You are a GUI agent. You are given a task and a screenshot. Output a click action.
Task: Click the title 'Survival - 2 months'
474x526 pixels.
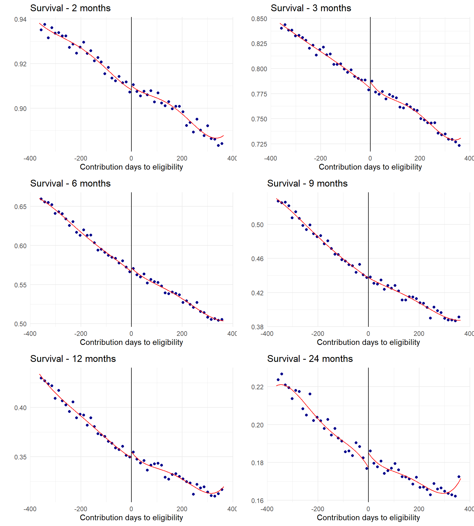coord(70,8)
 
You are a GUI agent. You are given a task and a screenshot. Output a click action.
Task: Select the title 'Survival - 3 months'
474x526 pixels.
coord(311,8)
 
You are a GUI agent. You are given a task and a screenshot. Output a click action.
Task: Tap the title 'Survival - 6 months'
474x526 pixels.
coord(70,184)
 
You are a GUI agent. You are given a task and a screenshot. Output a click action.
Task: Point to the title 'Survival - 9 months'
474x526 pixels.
coord(307,184)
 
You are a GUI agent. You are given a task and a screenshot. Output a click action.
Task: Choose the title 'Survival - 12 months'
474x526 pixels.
coord(73,359)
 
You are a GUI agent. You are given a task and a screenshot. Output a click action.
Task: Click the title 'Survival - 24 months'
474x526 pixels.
coord(310,359)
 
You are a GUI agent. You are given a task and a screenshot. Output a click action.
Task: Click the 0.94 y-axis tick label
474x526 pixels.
coord(20,19)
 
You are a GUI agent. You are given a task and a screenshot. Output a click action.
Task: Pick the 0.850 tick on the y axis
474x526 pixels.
coord(259,19)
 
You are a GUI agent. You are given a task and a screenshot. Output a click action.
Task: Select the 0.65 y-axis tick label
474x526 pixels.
coord(20,207)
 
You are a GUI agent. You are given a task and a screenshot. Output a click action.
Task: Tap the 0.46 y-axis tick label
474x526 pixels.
coord(257,259)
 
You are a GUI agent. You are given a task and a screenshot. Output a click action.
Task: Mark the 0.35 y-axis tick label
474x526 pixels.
coord(20,457)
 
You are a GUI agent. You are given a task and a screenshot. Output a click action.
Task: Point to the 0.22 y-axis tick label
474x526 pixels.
coord(257,387)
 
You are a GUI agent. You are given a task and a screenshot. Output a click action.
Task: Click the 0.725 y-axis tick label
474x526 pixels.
coord(259,144)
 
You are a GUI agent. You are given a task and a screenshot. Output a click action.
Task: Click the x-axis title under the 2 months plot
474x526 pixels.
coord(131,167)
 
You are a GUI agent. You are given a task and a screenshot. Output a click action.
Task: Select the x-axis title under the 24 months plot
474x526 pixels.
coord(368,518)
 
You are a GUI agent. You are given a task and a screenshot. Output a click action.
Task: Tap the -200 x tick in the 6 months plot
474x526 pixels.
coord(81,334)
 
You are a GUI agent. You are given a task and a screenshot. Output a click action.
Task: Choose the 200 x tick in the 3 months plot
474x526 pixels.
coord(420,158)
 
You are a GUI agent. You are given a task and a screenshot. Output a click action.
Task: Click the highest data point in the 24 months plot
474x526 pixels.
coord(282,374)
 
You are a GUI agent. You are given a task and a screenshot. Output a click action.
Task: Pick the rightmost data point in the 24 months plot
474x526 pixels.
coord(459,477)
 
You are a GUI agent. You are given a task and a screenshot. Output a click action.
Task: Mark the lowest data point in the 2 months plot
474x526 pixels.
coord(218,145)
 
